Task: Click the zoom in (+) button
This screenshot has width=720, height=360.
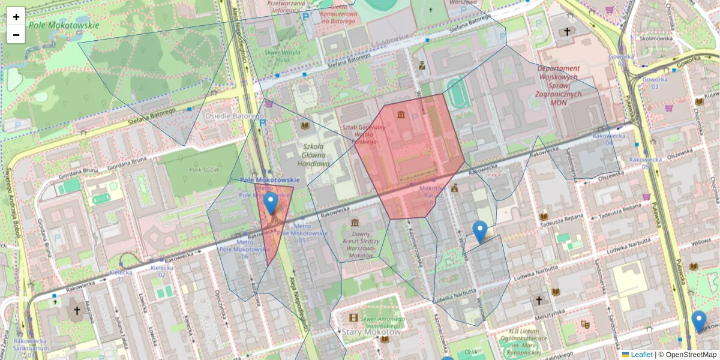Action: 16,17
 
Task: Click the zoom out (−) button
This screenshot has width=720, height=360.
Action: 16,35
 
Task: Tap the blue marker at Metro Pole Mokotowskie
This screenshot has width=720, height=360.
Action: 271,203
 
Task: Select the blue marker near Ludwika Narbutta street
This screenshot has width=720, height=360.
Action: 479,232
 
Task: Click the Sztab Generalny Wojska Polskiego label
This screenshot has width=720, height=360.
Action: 364,134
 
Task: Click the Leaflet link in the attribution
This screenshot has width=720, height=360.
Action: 641,355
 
